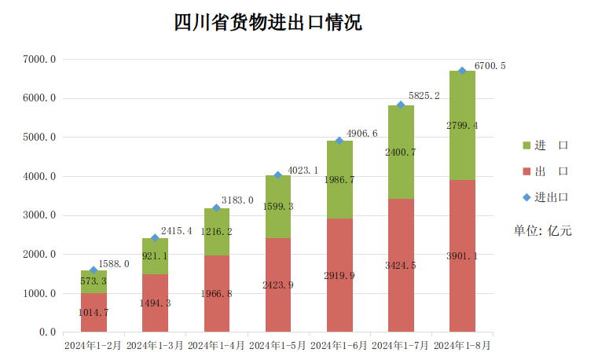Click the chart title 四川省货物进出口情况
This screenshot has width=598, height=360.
(267, 22)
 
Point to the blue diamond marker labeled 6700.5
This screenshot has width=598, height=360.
(463, 71)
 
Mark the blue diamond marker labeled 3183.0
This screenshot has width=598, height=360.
(217, 208)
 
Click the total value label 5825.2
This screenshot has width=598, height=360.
(424, 96)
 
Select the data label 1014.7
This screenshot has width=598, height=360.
(94, 313)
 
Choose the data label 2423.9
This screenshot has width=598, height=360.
(278, 285)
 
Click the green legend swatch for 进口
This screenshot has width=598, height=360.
(526, 145)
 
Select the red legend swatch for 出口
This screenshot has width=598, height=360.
(526, 171)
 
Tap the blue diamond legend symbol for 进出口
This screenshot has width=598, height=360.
(526, 197)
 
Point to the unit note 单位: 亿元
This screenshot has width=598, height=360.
(543, 230)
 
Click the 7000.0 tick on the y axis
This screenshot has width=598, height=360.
(39, 59)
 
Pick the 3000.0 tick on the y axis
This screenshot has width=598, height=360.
(39, 215)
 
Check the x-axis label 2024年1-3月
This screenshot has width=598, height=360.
(155, 344)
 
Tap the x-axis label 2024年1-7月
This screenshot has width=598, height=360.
(401, 344)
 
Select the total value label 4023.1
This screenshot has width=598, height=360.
(303, 170)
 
